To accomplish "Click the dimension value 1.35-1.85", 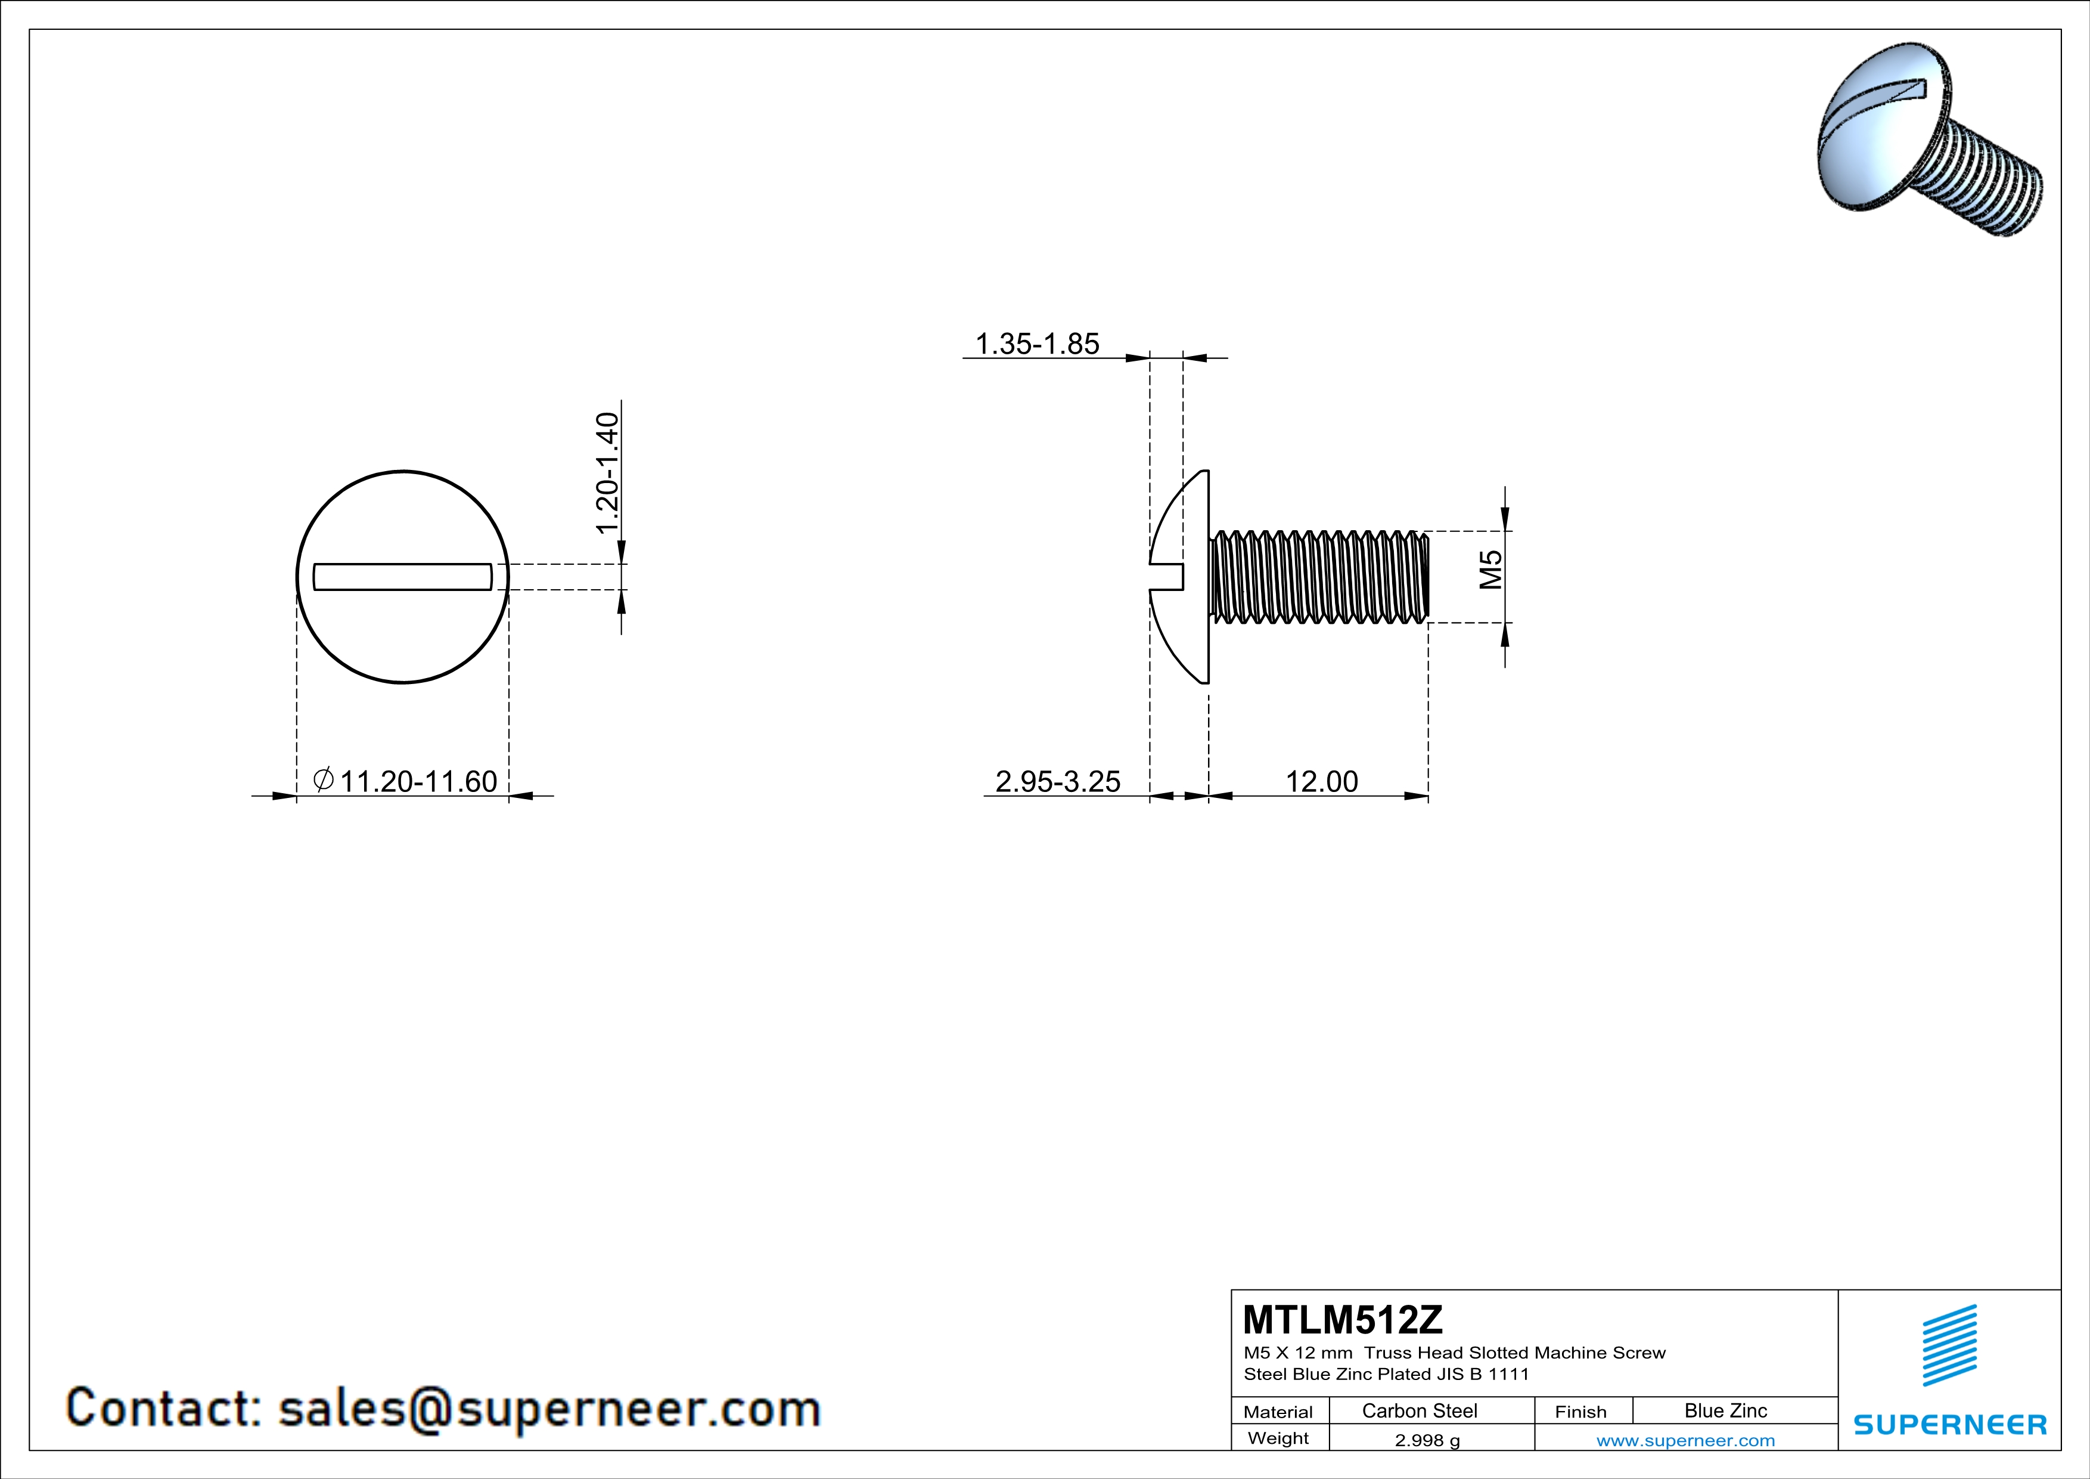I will (1037, 344).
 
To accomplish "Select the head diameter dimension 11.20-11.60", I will (418, 781).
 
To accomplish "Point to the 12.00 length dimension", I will (1321, 781).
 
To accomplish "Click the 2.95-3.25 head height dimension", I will (1058, 781).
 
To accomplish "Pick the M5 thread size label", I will (1490, 570).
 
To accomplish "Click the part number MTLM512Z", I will (1343, 1320).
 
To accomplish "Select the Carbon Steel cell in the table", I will (1419, 1410).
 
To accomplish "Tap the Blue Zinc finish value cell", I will (1725, 1410).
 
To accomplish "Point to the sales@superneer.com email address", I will (549, 1408).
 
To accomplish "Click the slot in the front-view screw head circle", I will (402, 577).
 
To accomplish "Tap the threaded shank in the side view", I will (1318, 577).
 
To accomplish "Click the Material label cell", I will (1278, 1412).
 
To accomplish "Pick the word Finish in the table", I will (1580, 1412).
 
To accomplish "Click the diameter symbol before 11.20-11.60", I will (323, 779).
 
